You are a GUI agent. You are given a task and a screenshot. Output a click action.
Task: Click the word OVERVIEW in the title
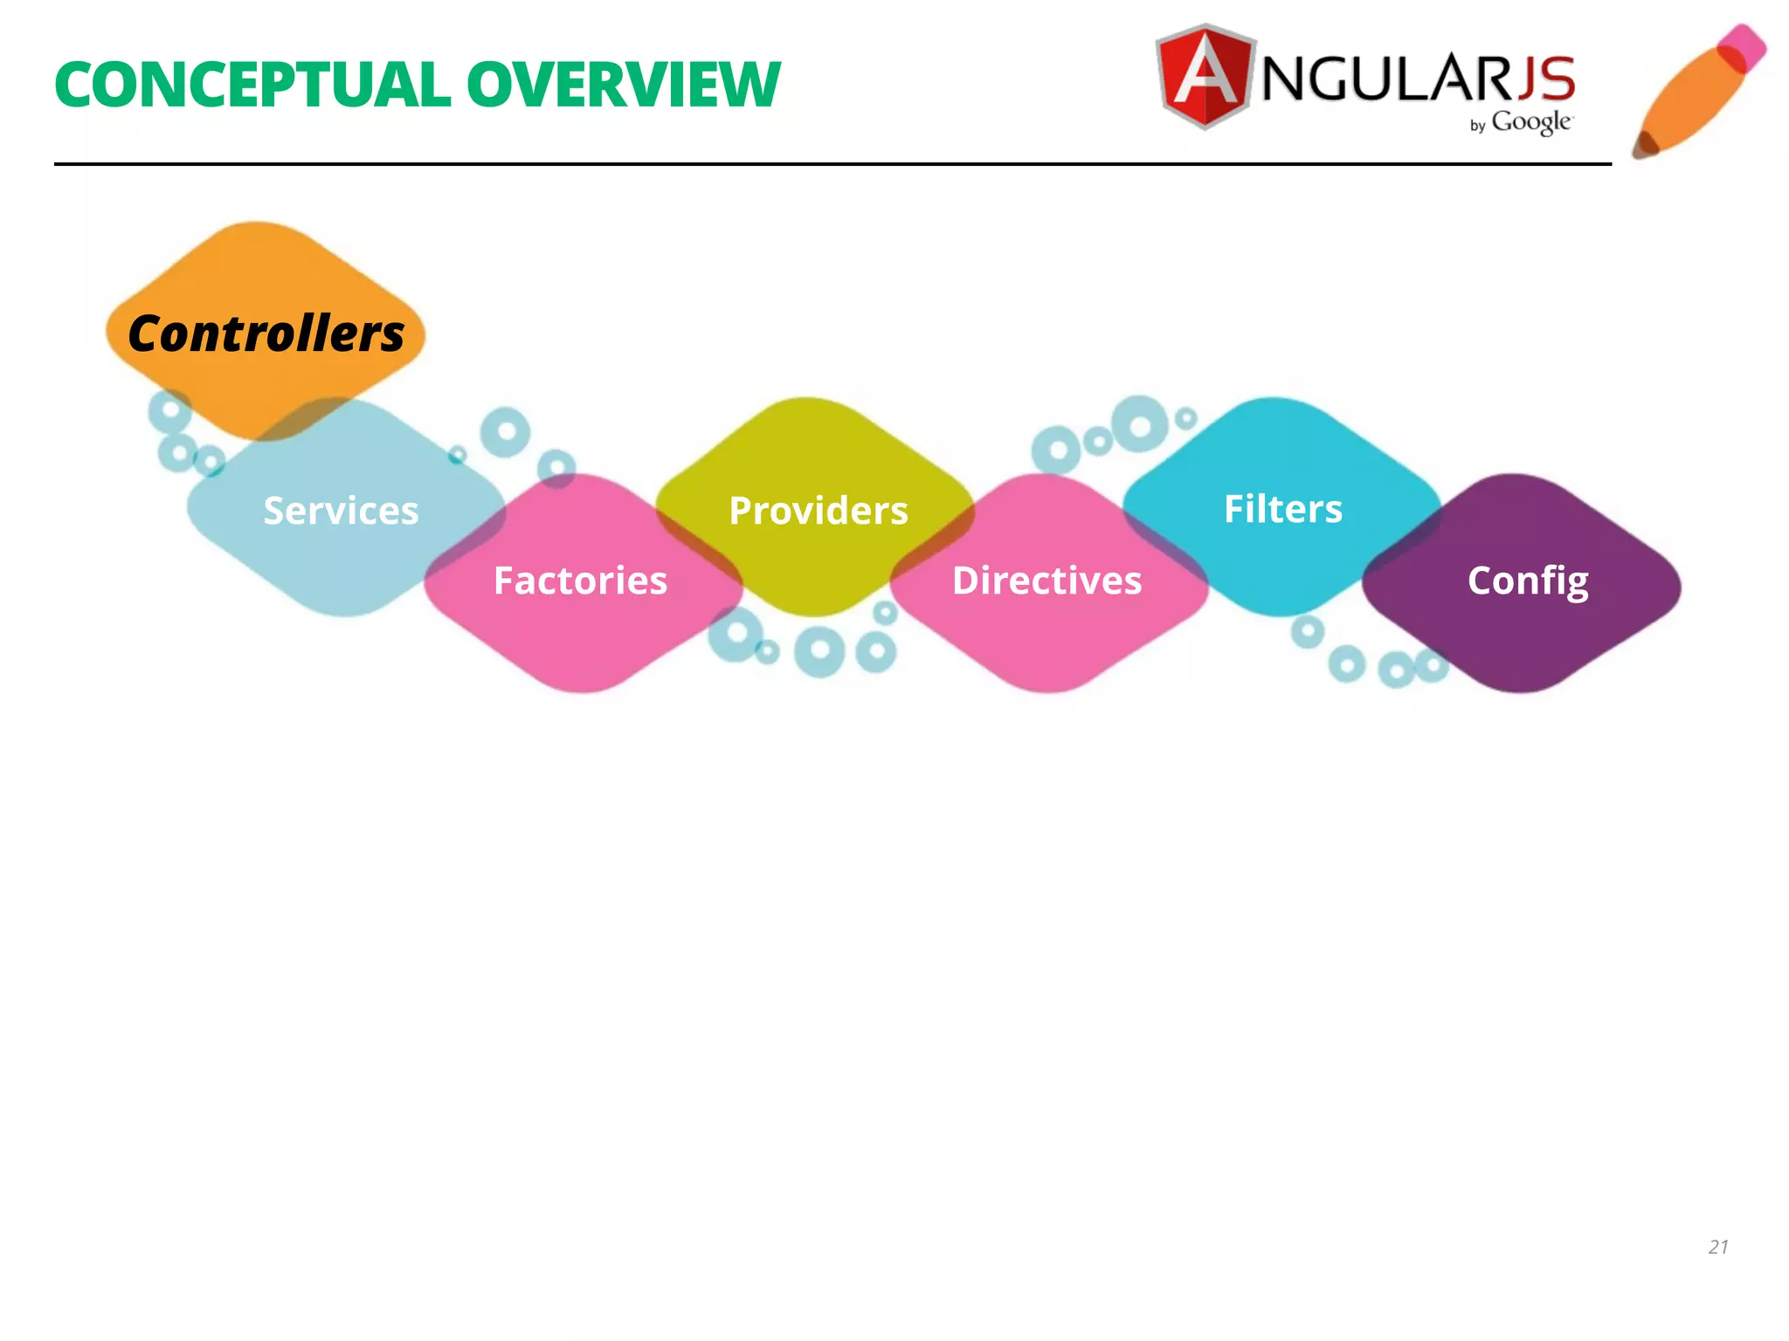623,86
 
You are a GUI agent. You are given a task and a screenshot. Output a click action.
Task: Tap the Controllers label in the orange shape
266,334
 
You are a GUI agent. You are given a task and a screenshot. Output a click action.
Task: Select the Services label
341,511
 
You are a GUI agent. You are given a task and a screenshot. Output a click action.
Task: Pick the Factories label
580,581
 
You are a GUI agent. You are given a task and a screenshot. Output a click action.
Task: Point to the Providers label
819,511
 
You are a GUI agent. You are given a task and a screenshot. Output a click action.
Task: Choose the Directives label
1046,581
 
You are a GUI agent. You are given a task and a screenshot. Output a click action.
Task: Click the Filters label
1282,509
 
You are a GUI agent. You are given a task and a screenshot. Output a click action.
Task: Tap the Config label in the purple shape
1528,581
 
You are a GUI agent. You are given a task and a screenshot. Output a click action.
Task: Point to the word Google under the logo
1531,123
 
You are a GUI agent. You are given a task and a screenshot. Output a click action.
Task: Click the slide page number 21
1718,1247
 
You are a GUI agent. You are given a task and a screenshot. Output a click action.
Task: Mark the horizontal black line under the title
830,163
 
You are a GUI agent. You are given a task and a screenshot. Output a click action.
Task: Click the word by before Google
1477,127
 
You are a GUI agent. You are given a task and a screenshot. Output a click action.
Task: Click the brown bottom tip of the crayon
1645,145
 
